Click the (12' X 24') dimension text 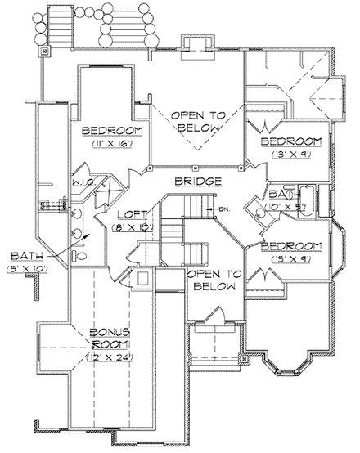click(110, 357)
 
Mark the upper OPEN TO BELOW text click(196, 119)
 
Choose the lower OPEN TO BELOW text click(212, 280)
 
